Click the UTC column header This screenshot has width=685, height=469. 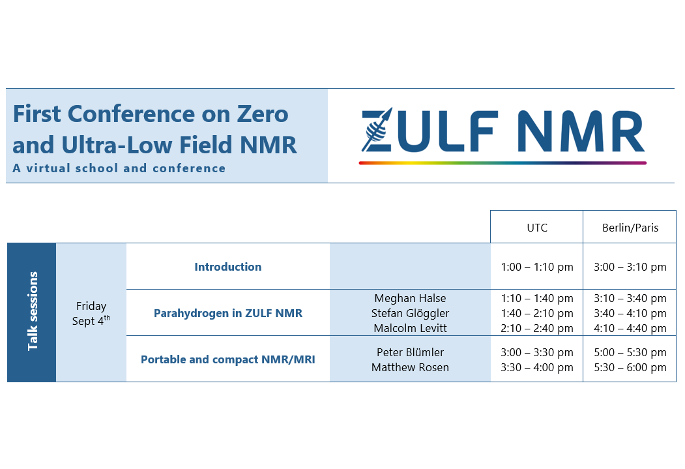[x=536, y=228]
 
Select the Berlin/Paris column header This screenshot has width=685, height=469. [x=630, y=228]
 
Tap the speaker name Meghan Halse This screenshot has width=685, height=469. [x=410, y=299]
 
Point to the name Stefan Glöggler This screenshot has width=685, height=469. [x=410, y=314]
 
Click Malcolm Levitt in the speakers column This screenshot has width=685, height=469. [x=410, y=328]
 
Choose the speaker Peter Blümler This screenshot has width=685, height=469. [x=410, y=352]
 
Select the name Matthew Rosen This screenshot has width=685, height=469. [x=410, y=367]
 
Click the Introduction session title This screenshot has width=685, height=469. [x=227, y=267]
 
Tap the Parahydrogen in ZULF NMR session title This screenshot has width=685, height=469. [x=227, y=313]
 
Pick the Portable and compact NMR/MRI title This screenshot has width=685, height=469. [x=227, y=359]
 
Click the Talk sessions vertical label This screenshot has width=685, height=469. [x=33, y=311]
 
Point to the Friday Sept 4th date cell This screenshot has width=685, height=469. [x=91, y=313]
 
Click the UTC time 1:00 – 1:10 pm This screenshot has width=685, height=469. [x=537, y=267]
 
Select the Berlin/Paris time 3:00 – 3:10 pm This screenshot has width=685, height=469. [x=630, y=267]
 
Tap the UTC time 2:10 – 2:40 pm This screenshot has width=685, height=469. [x=537, y=328]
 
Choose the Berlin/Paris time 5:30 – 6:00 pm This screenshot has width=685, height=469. [x=630, y=367]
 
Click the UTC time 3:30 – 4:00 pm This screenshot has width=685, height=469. [x=537, y=367]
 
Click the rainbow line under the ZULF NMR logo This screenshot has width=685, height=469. [x=502, y=162]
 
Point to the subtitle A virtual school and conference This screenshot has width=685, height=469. [x=119, y=168]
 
